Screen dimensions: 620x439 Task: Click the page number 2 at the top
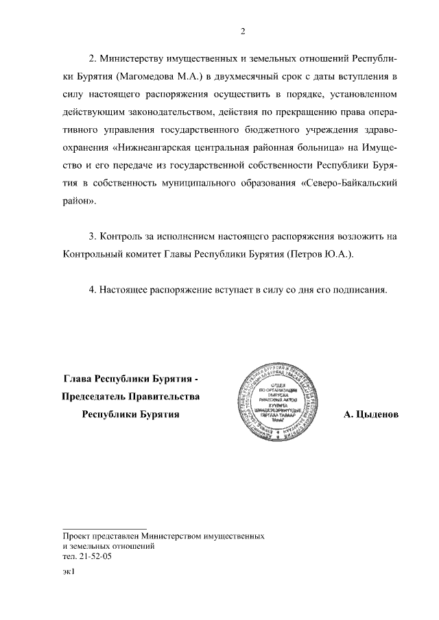click(x=243, y=31)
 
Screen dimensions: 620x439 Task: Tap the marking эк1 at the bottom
click(x=67, y=576)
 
